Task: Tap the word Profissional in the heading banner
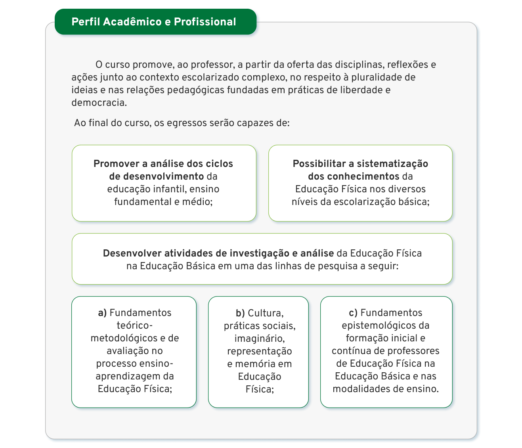tap(205, 22)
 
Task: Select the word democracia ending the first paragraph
tap(99, 103)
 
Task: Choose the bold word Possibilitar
tap(319, 164)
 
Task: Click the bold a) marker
tap(103, 313)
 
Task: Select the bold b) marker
tap(241, 313)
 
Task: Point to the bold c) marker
tap(353, 313)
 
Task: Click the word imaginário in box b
tap(260, 339)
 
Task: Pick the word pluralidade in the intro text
tap(377, 77)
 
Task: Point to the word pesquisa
tap(339, 266)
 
